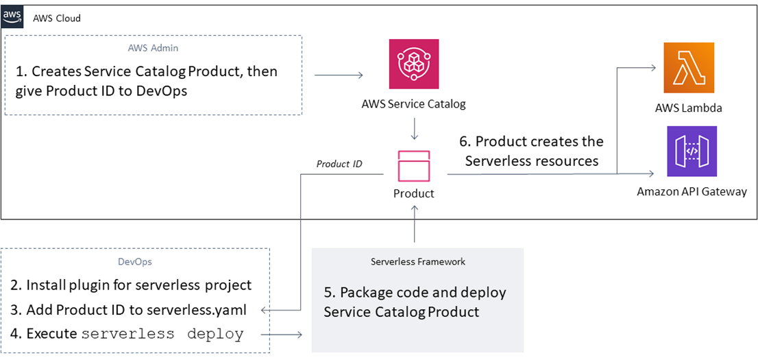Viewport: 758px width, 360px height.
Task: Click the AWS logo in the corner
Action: pos(12,16)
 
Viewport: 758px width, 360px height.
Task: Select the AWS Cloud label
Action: pos(57,18)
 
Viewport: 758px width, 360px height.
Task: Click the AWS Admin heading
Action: pos(153,48)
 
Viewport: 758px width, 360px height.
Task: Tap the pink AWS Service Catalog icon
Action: pos(413,64)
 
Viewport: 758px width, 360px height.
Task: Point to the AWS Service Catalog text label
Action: pos(413,104)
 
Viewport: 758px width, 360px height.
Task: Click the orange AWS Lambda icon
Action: pos(688,67)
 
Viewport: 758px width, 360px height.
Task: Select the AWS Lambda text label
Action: pos(688,108)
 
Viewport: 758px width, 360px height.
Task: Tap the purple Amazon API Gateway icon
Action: pos(692,151)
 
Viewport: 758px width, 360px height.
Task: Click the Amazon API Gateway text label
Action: pos(692,191)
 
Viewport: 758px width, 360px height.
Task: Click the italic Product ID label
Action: pos(339,164)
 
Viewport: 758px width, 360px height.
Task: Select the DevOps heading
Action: pos(134,261)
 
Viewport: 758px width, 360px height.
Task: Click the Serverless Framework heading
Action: pos(417,261)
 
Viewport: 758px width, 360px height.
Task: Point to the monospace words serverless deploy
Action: pos(162,335)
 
